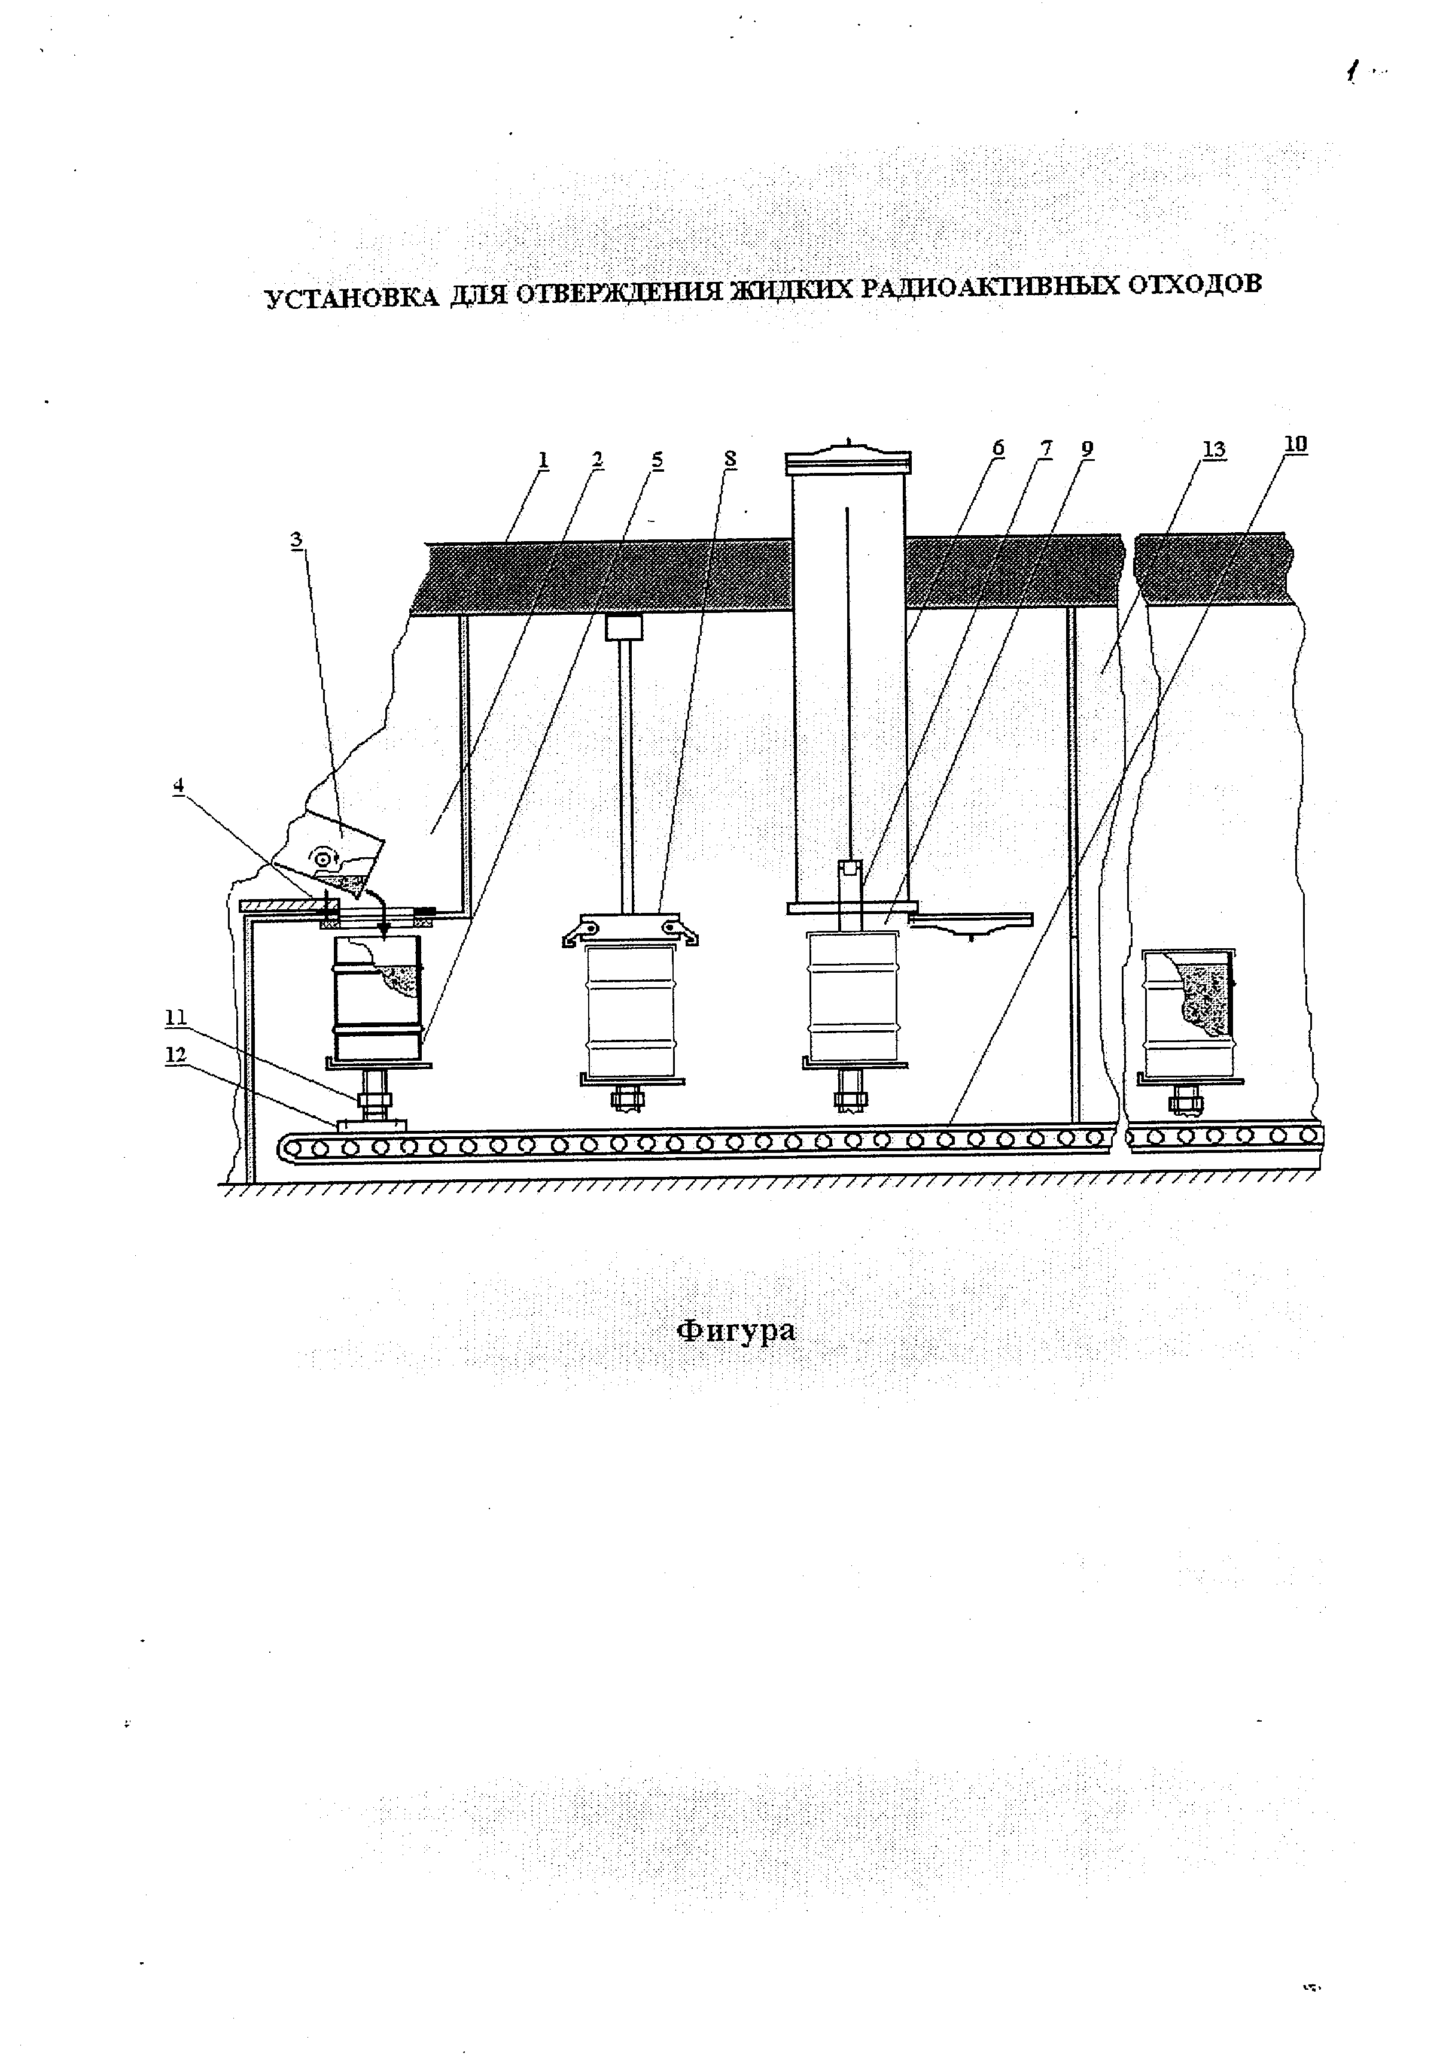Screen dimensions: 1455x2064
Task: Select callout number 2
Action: (598, 459)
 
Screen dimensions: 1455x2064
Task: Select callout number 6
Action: (997, 448)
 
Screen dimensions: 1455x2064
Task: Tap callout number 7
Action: (1045, 448)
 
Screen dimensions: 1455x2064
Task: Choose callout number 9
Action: (1088, 448)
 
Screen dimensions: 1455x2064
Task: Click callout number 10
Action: (1295, 444)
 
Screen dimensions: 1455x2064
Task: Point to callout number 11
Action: (175, 1016)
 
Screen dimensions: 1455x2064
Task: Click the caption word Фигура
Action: (736, 1331)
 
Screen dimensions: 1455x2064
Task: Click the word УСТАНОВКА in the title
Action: (351, 298)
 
